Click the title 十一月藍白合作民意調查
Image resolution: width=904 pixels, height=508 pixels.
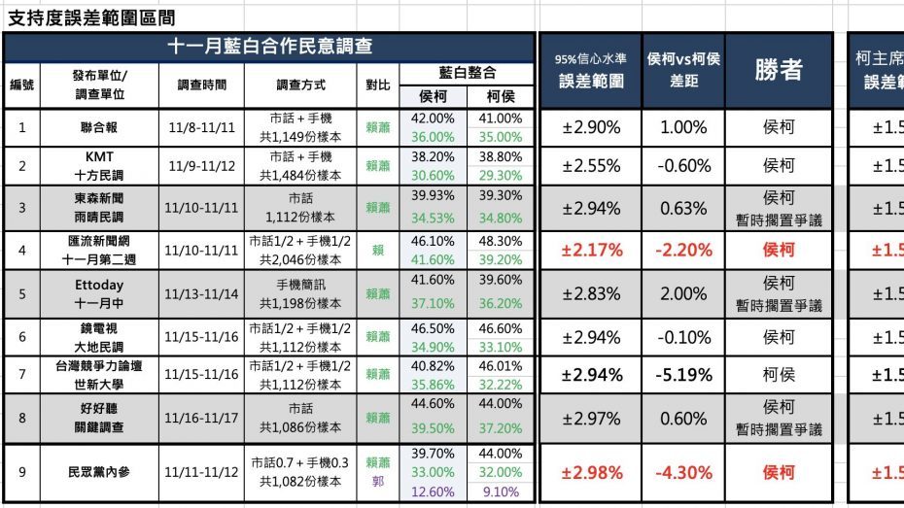(x=269, y=47)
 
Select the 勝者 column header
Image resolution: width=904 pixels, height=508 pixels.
(x=778, y=70)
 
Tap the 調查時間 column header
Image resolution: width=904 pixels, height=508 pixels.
(x=201, y=85)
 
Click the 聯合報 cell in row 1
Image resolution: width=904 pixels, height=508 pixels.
(x=99, y=127)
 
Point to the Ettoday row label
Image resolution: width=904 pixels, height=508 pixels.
(x=99, y=284)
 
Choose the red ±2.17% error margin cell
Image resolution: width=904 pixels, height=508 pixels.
(x=592, y=251)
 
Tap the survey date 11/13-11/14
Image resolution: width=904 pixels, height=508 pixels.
(x=201, y=293)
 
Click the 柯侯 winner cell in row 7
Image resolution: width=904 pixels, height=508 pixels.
(x=779, y=375)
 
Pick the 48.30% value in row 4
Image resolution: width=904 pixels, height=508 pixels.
(x=501, y=240)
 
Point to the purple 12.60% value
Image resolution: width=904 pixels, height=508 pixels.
(x=433, y=491)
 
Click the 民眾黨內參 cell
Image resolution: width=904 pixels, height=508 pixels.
(x=99, y=472)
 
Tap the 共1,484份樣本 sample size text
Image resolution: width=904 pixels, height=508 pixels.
(x=299, y=176)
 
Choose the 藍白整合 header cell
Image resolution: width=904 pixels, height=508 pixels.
(x=468, y=73)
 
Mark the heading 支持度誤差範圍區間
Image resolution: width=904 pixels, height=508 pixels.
(x=91, y=17)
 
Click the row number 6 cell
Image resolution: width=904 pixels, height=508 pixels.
(x=21, y=336)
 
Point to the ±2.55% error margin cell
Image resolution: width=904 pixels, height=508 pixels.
(x=592, y=166)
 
